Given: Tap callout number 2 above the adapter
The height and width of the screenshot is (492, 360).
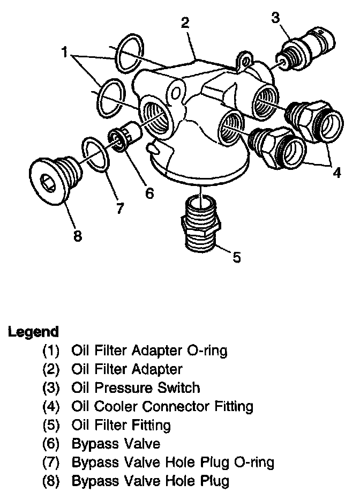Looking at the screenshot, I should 185,23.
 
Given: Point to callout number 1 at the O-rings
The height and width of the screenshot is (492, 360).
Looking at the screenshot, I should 66,53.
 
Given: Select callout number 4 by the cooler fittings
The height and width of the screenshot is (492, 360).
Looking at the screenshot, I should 336,173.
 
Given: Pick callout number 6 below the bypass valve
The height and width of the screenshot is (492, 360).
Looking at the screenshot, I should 149,192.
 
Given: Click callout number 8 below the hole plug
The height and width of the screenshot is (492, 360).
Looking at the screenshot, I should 78,235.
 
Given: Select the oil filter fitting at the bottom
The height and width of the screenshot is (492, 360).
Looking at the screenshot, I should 201,222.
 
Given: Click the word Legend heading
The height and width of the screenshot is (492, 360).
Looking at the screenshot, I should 33,331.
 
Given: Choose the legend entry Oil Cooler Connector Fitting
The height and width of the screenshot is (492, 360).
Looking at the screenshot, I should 162,406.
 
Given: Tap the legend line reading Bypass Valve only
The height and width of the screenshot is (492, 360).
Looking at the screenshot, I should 115,443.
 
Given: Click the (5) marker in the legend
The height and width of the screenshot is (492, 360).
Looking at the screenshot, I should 52,425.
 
